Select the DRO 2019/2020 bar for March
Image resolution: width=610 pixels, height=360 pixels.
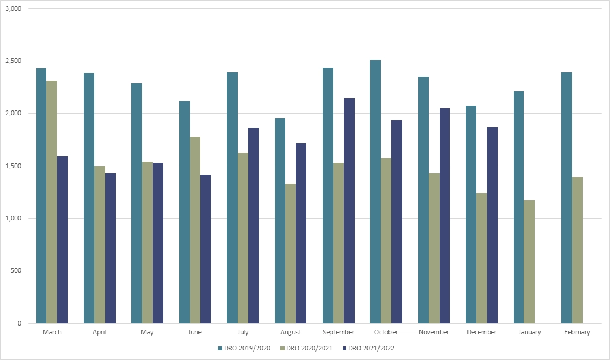click(41, 196)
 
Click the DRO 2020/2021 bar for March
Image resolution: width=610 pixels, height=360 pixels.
click(52, 202)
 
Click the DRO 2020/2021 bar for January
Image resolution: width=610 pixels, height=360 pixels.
click(529, 261)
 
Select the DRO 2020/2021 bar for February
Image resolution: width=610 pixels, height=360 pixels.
click(577, 250)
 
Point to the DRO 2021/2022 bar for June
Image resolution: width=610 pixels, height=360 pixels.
click(206, 249)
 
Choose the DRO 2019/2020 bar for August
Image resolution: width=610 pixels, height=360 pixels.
click(280, 220)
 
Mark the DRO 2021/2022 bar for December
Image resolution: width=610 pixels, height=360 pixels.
click(492, 225)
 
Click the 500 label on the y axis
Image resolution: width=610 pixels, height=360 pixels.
click(16, 271)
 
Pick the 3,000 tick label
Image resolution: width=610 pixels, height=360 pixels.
click(13, 9)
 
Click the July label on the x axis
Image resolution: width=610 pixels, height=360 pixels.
click(242, 333)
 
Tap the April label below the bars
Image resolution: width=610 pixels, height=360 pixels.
click(99, 333)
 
